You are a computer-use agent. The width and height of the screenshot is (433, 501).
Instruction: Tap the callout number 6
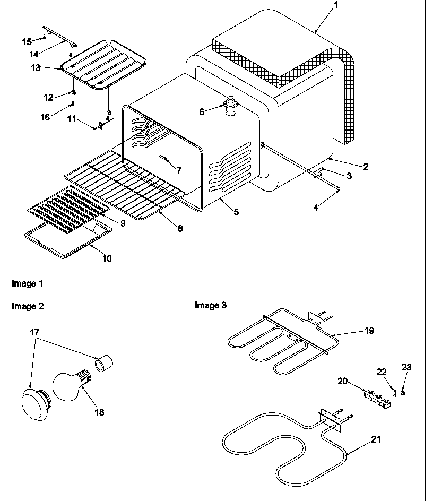point(202,111)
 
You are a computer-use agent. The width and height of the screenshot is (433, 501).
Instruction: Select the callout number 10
point(107,258)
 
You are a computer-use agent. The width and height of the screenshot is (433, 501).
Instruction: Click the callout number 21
point(376,439)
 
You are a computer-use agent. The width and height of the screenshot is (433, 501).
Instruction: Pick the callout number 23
point(406,367)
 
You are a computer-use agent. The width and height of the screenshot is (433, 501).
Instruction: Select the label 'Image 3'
point(210,305)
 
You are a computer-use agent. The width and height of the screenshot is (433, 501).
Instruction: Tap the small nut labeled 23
point(404,393)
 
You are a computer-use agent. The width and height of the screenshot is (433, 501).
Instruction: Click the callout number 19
point(369,331)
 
